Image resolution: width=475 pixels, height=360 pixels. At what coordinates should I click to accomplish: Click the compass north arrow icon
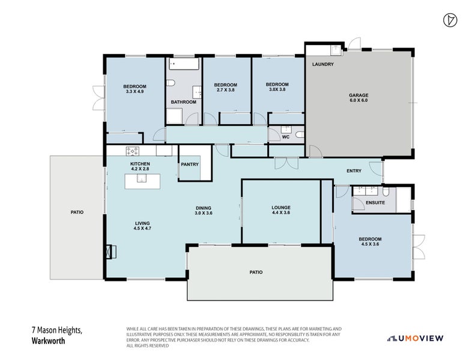(450, 20)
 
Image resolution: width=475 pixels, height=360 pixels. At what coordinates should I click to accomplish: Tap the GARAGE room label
(359, 95)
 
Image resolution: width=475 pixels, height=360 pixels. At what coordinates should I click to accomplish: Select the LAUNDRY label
(323, 64)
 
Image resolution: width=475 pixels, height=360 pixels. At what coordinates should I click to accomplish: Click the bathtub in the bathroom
(184, 64)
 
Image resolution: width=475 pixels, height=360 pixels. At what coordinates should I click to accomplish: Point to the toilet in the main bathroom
(171, 83)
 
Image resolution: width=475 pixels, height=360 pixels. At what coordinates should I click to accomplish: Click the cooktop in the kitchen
(133, 151)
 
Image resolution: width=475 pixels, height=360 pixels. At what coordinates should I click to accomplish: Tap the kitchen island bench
(142, 181)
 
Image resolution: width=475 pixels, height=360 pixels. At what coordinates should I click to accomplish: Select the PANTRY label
(190, 164)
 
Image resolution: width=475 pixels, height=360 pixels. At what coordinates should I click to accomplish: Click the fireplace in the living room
(111, 252)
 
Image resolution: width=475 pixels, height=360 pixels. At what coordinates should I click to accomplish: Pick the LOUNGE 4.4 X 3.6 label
(281, 210)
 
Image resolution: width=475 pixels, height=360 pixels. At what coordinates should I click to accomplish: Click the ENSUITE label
(375, 203)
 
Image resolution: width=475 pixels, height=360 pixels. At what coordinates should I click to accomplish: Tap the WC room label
(286, 137)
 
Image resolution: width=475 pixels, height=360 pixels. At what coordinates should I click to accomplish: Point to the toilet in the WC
(300, 134)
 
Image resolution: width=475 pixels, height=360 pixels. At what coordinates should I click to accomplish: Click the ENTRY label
(354, 171)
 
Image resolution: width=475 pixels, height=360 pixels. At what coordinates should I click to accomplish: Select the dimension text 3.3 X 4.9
(135, 91)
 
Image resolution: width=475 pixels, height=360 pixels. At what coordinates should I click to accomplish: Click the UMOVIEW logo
(416, 338)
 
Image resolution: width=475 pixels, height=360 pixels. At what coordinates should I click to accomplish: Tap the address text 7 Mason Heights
(57, 330)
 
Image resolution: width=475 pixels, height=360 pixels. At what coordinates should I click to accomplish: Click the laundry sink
(336, 50)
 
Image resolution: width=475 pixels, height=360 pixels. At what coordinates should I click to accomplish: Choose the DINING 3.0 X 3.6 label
(203, 211)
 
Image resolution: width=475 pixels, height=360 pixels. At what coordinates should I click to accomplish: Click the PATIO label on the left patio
(77, 212)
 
